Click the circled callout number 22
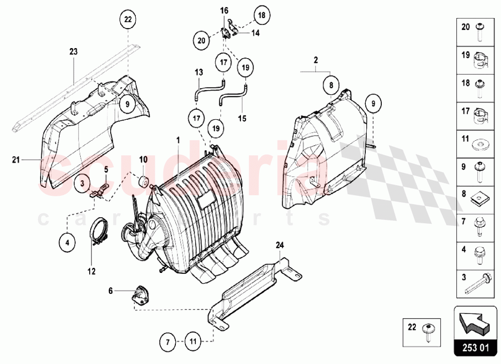(127, 20)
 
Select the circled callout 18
(261, 16)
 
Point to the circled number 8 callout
(331, 85)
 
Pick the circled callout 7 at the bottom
(168, 342)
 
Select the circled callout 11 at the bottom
(192, 342)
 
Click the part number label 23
(74, 51)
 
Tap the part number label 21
(15, 160)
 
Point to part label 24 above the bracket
(280, 245)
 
